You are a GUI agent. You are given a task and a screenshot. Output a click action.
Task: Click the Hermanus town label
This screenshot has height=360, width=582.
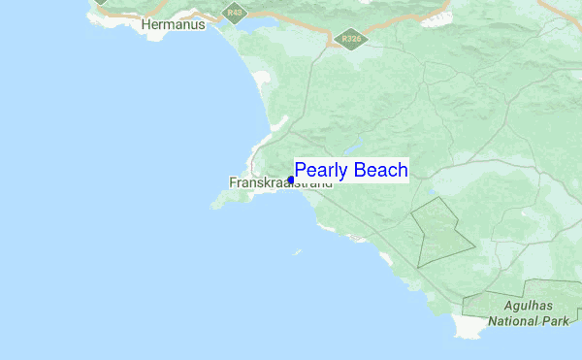tap(174, 24)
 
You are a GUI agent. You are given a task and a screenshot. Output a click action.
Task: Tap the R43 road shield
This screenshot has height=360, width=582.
tap(232, 13)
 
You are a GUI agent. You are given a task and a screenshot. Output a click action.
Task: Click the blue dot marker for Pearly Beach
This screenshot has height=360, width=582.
tap(291, 180)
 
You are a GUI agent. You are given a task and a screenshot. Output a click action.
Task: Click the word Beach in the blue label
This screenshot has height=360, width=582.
tap(381, 171)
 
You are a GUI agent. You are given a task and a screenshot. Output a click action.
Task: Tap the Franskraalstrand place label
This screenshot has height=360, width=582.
tap(279, 182)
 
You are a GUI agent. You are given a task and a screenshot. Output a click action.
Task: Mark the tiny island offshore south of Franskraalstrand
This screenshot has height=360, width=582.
tap(298, 252)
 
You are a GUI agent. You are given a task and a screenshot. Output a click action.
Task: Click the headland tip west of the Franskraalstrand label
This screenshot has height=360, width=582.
tap(216, 204)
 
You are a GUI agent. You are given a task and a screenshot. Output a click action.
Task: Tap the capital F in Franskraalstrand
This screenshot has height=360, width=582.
tap(233, 182)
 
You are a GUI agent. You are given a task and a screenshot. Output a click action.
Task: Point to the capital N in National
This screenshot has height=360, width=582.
tap(494, 319)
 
